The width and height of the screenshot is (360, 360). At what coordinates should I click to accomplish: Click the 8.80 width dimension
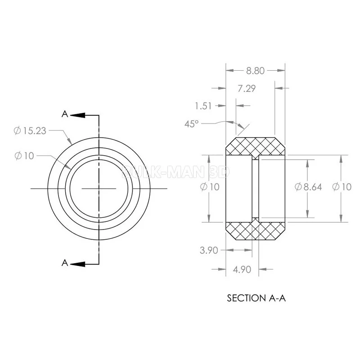[255, 71]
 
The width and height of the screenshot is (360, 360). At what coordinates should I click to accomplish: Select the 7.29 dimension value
[247, 88]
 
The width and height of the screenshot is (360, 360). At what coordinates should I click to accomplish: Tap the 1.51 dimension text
[203, 106]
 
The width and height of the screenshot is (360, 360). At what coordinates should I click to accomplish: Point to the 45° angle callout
[191, 124]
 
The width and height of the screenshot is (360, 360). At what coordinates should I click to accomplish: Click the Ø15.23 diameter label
[30, 131]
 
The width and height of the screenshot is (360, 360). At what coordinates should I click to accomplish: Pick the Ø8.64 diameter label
[308, 187]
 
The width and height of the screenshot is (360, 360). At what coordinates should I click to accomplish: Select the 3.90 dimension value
[209, 250]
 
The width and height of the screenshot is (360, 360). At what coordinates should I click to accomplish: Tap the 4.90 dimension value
[242, 270]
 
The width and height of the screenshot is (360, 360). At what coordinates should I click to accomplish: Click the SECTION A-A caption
[256, 298]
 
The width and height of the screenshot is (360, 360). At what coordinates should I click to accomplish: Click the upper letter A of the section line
[65, 114]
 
